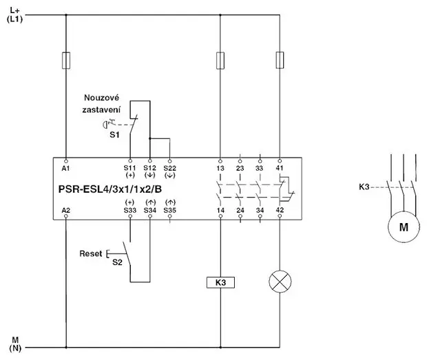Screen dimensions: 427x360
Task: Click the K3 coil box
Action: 220,282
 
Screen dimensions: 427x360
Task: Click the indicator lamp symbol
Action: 280,282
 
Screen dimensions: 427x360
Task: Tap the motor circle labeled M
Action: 404,226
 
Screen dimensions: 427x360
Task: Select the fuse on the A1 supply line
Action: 66,60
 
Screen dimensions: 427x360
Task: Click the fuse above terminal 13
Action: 220,61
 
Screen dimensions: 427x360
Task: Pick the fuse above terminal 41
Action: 280,60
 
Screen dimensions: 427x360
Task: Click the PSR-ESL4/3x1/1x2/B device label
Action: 110,189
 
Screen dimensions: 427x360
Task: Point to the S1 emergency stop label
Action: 114,135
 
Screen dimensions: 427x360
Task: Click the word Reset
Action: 91,253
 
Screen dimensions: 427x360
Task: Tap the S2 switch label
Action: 117,262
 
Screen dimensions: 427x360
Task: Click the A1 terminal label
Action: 65,169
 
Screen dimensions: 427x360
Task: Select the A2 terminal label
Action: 66,211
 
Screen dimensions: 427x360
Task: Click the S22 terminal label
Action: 169,168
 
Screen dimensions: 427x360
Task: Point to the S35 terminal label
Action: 169,211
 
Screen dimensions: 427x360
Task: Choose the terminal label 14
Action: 220,211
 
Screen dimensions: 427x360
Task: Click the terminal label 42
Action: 280,210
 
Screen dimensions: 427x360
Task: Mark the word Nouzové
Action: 101,98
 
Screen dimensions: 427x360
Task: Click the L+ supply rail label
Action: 14,10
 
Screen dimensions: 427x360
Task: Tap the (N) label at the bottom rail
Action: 15,348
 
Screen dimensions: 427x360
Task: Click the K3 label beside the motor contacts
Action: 364,187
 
